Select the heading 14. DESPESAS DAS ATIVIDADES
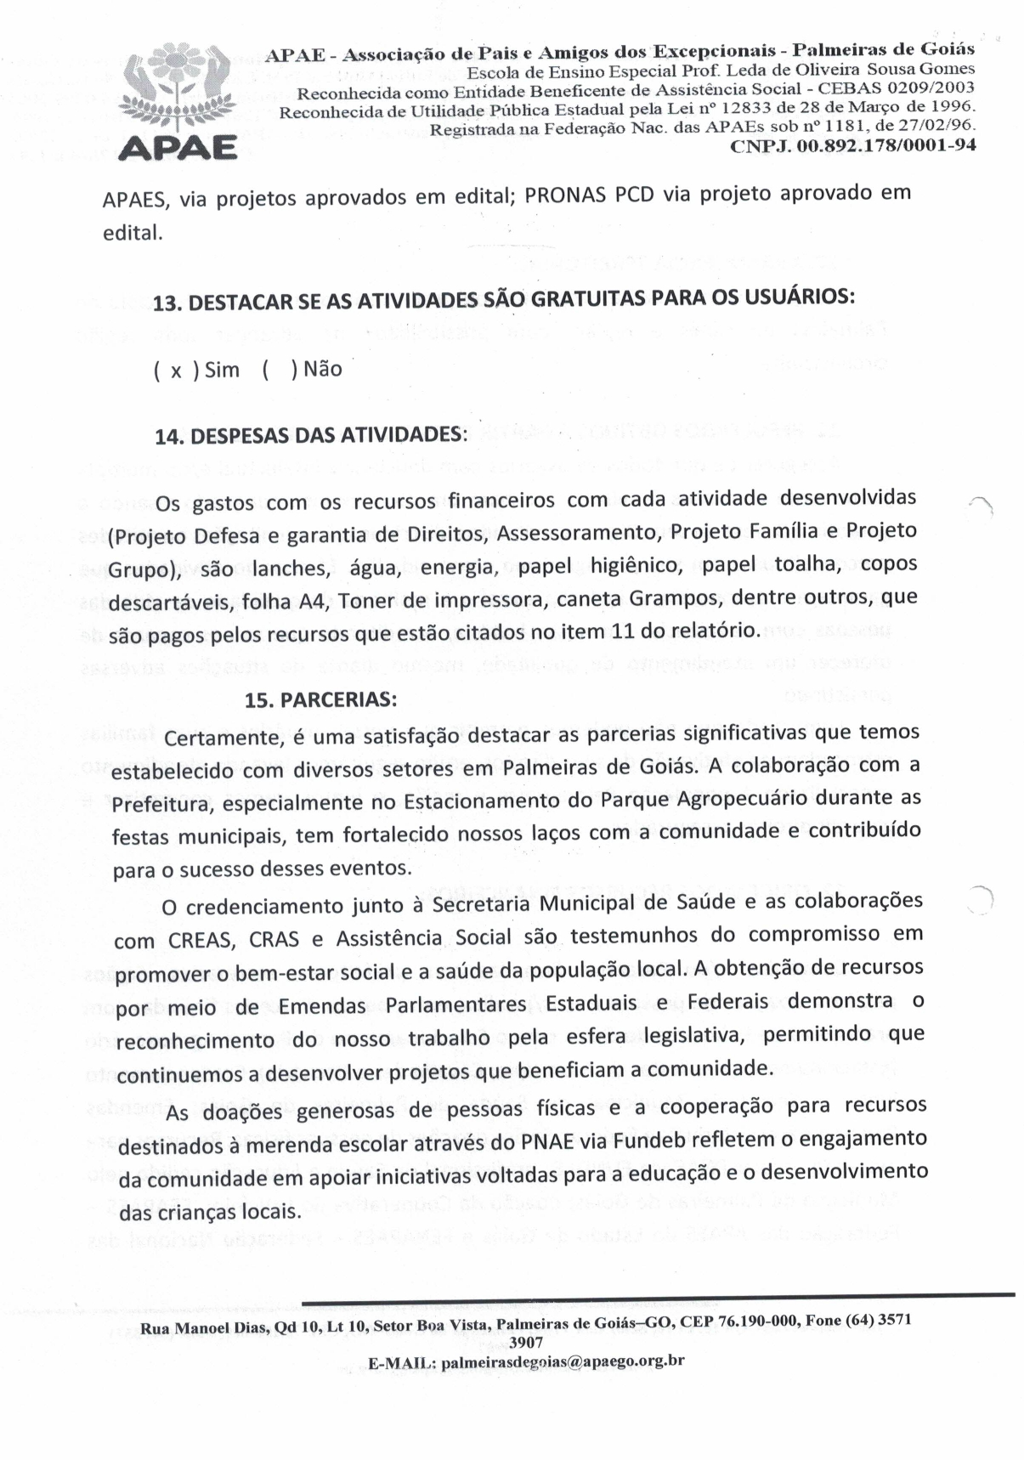[311, 436]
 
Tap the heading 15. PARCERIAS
[320, 700]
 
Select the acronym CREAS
[197, 941]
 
